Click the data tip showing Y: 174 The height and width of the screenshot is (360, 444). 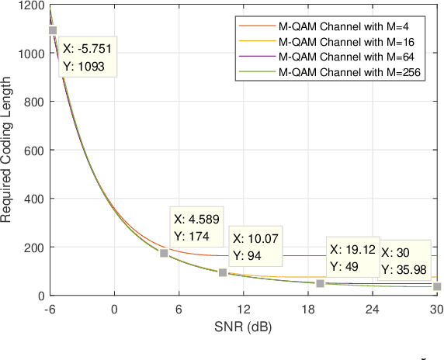point(196,226)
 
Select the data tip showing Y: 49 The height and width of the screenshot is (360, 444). point(352,258)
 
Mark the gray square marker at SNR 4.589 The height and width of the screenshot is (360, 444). point(164,254)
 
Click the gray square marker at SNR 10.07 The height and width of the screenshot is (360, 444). point(223,272)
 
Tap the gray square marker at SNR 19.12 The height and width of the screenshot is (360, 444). point(320,283)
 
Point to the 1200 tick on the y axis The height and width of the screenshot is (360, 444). point(32,5)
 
